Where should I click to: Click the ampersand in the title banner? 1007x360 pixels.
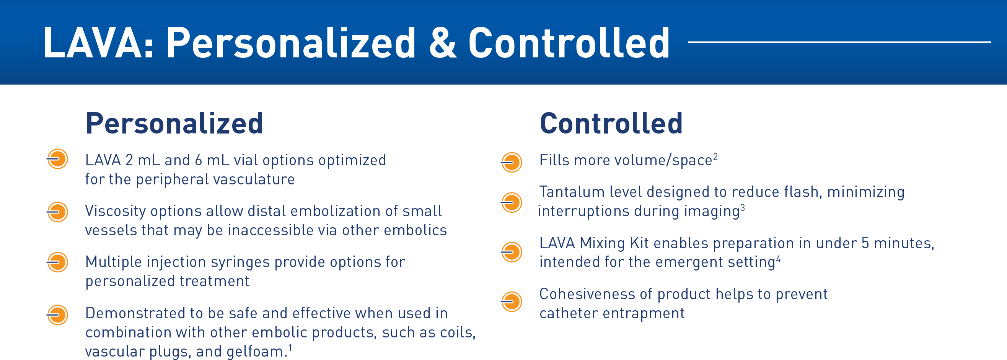pyautogui.click(x=443, y=43)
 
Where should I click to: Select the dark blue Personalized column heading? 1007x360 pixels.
pyautogui.click(x=174, y=124)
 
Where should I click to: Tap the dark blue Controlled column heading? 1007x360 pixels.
pyautogui.click(x=611, y=124)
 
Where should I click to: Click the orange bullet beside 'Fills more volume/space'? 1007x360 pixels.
pyautogui.click(x=511, y=162)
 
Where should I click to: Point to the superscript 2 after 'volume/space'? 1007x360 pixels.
pyautogui.click(x=715, y=156)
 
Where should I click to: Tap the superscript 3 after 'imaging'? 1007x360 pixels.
pyautogui.click(x=743, y=207)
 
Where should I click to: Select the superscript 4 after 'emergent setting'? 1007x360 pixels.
pyautogui.click(x=778, y=258)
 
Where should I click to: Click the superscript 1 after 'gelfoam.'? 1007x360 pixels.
pyautogui.click(x=290, y=347)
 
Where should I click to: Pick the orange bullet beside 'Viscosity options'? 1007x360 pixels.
pyautogui.click(x=57, y=212)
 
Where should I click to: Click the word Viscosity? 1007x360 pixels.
pyautogui.click(x=116, y=212)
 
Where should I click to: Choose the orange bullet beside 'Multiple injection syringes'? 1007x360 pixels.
pyautogui.click(x=57, y=262)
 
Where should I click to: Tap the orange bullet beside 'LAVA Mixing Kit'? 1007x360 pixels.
pyautogui.click(x=511, y=252)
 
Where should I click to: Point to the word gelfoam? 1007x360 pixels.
pyautogui.click(x=255, y=352)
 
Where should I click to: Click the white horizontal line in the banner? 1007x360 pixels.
pyautogui.click(x=839, y=42)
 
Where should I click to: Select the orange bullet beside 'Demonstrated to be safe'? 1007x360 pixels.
pyautogui.click(x=57, y=314)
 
